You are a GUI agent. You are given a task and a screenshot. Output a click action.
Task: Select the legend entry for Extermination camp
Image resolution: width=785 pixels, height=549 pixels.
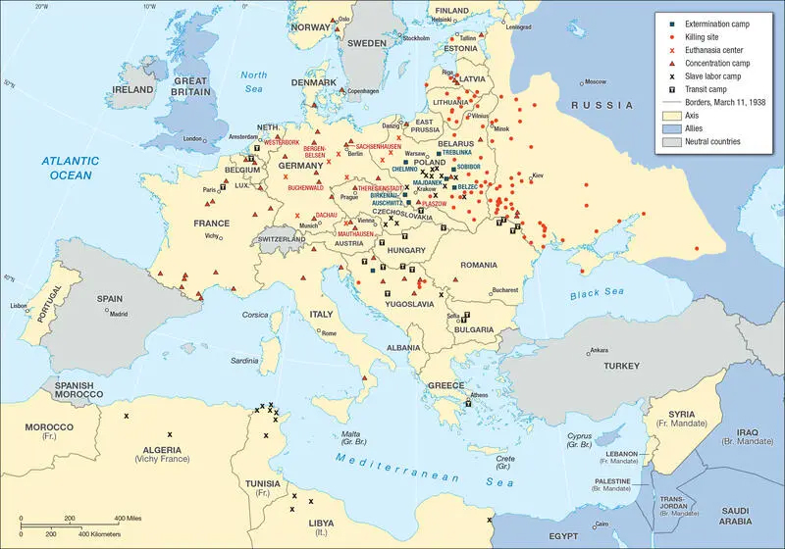[708, 23]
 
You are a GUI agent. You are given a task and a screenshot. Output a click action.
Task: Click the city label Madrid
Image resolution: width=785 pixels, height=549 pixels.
[119, 315]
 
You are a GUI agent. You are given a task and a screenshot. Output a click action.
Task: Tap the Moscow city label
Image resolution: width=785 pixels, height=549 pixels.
[596, 82]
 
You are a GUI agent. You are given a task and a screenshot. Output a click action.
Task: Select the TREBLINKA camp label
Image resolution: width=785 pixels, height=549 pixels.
[459, 153]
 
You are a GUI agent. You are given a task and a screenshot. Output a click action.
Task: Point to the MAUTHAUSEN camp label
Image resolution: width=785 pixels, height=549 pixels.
[357, 234]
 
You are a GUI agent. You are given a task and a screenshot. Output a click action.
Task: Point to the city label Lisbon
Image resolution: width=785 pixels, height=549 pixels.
[19, 306]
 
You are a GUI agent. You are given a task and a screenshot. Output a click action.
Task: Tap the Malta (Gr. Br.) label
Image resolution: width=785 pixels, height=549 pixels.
[350, 438]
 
